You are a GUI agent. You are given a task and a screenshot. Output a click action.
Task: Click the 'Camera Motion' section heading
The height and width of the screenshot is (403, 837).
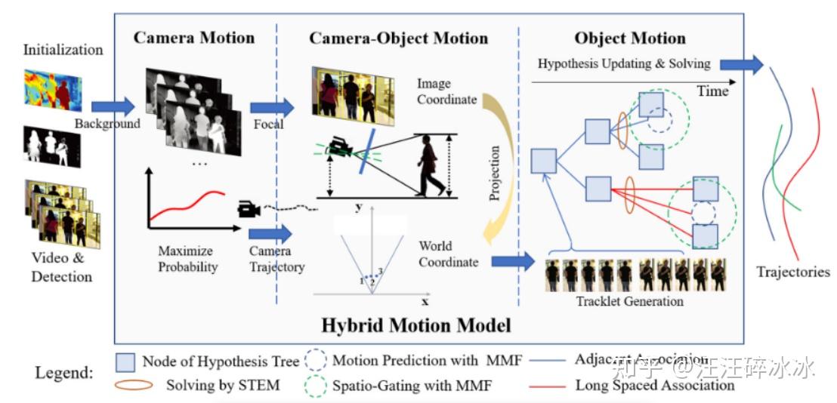coord(194,38)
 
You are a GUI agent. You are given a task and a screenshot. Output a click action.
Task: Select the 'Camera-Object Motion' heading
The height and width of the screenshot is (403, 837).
coord(399,38)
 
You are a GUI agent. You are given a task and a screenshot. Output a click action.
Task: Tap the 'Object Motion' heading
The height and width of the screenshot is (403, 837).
coord(630,38)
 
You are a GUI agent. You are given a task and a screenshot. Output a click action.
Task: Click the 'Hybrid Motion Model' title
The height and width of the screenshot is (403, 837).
coord(416,325)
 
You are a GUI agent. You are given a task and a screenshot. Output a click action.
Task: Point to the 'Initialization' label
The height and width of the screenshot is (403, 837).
coord(63,51)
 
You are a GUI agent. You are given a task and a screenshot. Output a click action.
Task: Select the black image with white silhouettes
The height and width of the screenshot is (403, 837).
coord(52,146)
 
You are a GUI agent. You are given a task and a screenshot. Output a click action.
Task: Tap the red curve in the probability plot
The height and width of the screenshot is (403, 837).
coord(189,205)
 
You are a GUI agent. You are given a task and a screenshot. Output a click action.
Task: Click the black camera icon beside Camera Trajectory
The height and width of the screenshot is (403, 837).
coord(249,209)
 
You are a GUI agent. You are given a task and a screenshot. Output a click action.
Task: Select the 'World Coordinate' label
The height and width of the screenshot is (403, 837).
coord(449,254)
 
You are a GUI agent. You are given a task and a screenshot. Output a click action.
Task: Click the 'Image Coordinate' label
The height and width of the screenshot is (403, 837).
coord(447,91)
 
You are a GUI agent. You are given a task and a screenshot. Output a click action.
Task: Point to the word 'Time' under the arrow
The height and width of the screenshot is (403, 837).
coord(712,91)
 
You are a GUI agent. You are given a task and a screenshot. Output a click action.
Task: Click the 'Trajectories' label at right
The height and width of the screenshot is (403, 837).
coord(792,272)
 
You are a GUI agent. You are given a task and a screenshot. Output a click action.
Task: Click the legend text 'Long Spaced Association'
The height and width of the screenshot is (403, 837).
coord(655,385)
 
